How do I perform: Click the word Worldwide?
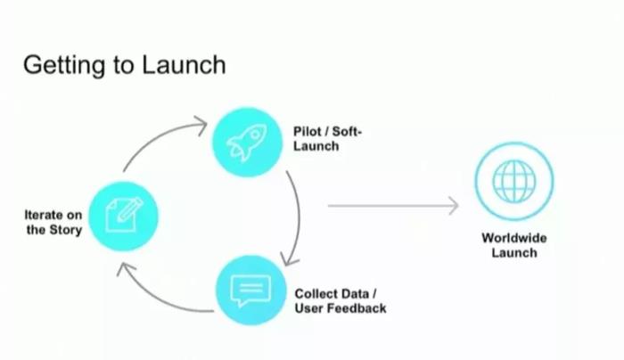(x=514, y=238)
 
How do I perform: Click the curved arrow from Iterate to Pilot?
(x=156, y=140)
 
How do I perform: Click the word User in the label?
(x=309, y=308)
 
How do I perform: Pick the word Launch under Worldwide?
(x=514, y=252)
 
